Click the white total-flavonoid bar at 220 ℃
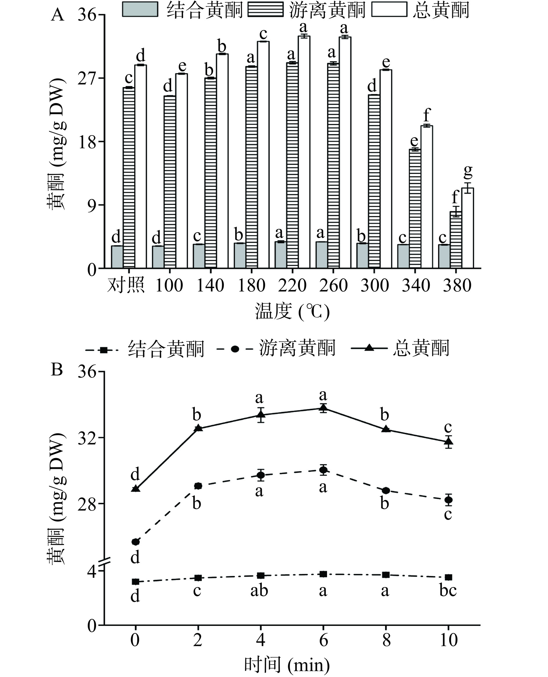[x=304, y=152]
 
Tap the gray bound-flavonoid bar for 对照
[x=117, y=257]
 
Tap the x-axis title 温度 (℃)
[x=292, y=311]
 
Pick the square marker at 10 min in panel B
[x=448, y=577]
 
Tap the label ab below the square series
[x=259, y=590]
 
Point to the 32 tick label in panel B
[x=87, y=438]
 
